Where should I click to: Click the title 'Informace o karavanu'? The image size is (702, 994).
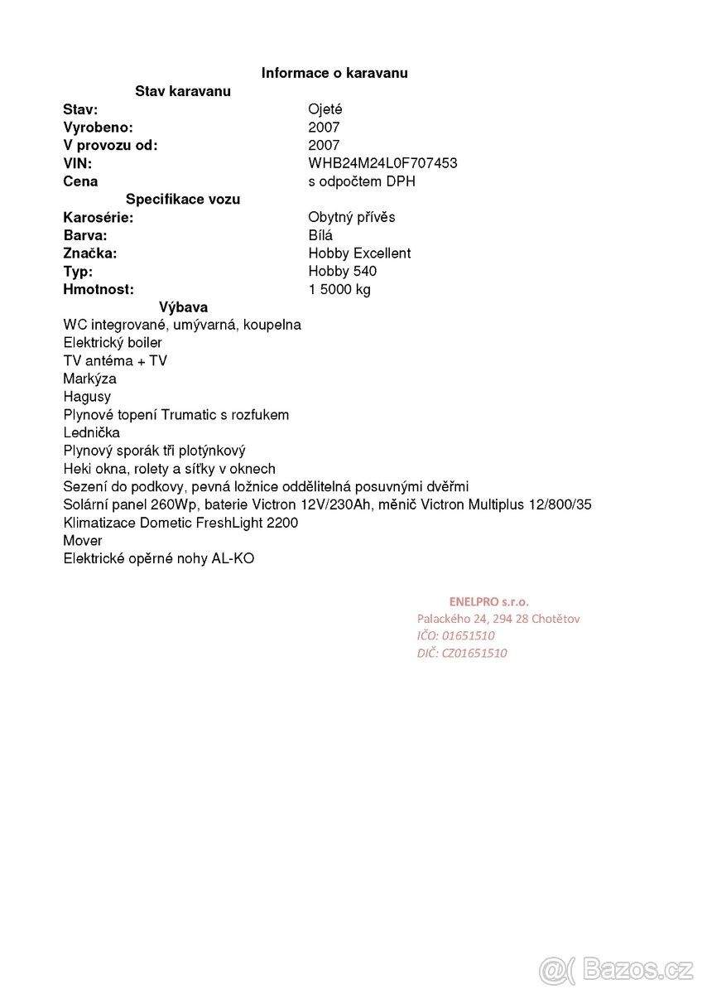tap(334, 73)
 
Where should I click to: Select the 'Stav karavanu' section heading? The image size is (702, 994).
tap(183, 91)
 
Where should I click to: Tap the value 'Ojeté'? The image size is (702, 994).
tap(325, 109)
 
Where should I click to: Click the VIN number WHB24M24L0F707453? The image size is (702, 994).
tap(382, 163)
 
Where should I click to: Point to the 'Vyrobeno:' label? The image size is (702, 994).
tap(98, 128)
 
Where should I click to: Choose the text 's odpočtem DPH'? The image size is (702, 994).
tap(362, 181)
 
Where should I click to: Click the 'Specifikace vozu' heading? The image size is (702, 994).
tap(183, 199)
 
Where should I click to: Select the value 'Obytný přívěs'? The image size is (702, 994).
tap(352, 217)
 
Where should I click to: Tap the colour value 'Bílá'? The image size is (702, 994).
tap(320, 235)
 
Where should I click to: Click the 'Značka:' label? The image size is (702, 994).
tap(90, 253)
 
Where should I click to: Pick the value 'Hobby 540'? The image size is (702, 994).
tap(343, 272)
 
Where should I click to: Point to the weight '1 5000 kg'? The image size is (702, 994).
tap(339, 290)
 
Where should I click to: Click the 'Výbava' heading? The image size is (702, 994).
tap(183, 307)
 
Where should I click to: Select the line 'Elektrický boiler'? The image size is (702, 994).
tap(113, 343)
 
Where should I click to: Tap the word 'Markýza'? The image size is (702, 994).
tap(89, 379)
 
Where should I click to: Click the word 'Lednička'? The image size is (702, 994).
tap(92, 432)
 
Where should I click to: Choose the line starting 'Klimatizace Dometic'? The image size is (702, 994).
tap(180, 523)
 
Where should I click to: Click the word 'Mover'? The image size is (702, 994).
tap(83, 541)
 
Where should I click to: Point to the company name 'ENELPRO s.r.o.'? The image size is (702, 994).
tap(488, 601)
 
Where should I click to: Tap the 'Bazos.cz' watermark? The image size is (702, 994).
tap(616, 968)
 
